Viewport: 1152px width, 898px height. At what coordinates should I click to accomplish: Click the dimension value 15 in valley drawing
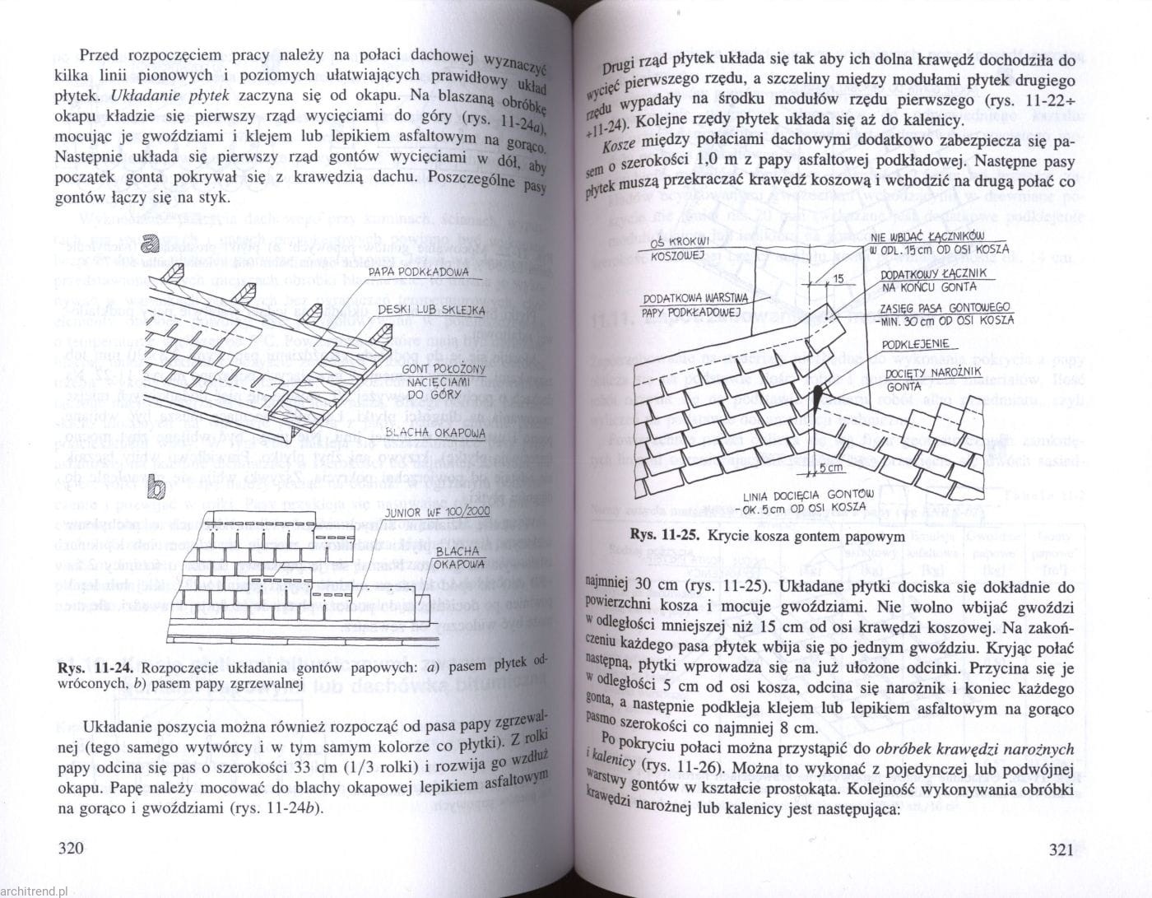pyautogui.click(x=838, y=279)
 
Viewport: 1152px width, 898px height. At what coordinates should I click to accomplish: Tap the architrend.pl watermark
pyautogui.click(x=38, y=891)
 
